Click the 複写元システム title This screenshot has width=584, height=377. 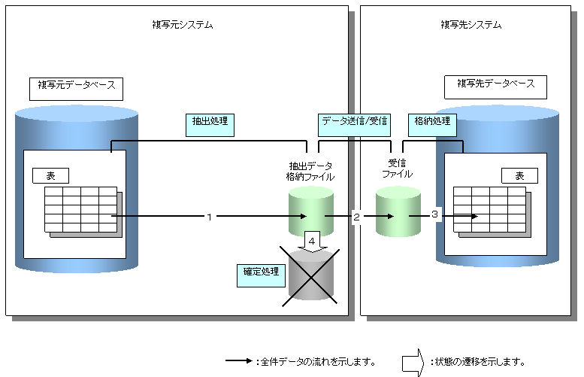[x=182, y=25]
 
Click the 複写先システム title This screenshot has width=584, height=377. [x=471, y=25]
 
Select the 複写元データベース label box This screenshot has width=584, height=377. [x=76, y=87]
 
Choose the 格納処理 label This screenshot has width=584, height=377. [x=432, y=121]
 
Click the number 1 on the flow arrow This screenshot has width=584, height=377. [x=209, y=217]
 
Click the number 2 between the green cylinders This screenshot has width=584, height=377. [x=356, y=217]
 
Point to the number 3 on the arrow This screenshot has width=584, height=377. [x=434, y=215]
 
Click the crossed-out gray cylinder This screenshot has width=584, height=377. [x=309, y=275]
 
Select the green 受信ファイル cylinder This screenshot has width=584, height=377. [x=397, y=212]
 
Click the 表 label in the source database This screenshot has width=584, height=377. [x=50, y=175]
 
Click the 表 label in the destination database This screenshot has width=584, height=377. [x=519, y=175]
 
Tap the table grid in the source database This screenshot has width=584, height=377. [x=80, y=209]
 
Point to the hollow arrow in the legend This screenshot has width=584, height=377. [x=413, y=362]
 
